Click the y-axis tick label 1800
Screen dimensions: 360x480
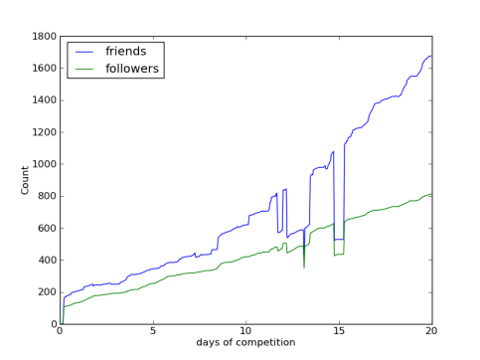tap(43, 37)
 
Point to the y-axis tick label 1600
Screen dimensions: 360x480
tap(43, 69)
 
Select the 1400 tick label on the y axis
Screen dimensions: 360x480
tap(43, 100)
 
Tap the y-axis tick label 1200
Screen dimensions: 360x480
tap(43, 132)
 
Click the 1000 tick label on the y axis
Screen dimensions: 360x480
tap(43, 164)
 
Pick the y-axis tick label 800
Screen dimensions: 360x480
tap(46, 196)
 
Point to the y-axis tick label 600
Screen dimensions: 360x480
tap(46, 228)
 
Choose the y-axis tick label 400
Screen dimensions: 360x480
tap(46, 261)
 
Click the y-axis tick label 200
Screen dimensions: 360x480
tap(46, 292)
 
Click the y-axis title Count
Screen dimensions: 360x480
tap(25, 180)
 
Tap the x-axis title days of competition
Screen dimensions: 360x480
tap(245, 344)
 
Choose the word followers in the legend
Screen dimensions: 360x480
tap(133, 69)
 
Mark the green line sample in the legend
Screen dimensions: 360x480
tap(84, 69)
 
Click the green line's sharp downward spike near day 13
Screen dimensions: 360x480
tap(304, 267)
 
